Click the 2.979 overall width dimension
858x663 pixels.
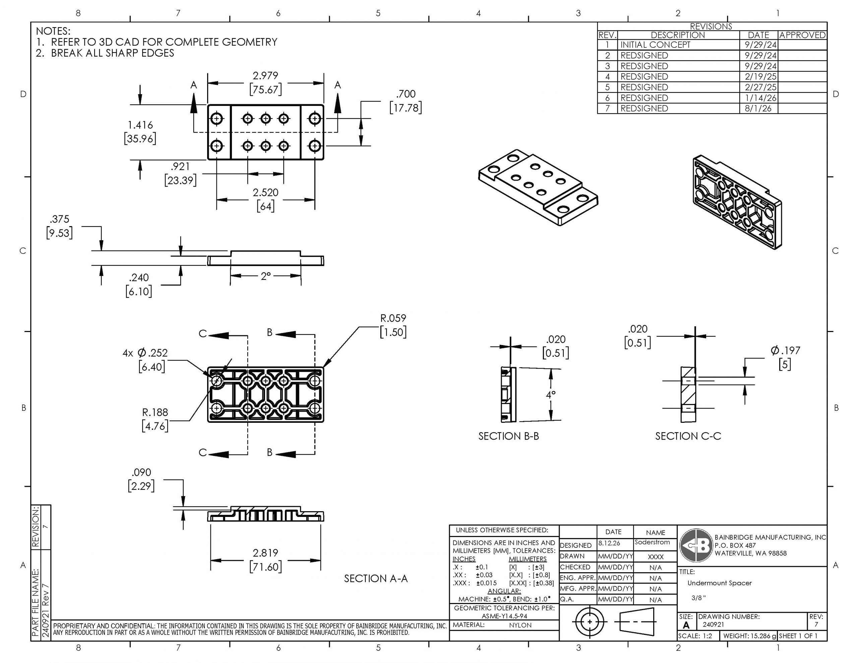[265, 75]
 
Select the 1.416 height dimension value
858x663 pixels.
[140, 125]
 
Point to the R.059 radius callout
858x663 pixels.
[393, 318]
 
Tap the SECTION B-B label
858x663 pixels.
[509, 436]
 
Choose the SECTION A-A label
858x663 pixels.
[376, 579]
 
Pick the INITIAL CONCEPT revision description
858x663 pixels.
[655, 45]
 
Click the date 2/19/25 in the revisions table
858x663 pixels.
[760, 77]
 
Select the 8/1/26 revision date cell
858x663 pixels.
[758, 109]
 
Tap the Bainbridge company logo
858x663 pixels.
[696, 545]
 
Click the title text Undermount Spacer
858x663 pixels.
[719, 583]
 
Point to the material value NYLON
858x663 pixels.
[520, 625]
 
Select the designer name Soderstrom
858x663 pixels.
[652, 542]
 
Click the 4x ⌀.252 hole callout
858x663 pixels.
[145, 353]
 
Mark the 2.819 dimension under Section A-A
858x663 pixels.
[265, 553]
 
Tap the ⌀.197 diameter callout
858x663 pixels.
[785, 350]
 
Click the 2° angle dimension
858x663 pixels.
[265, 276]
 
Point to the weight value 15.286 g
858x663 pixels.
[760, 636]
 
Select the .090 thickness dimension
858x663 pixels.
[141, 472]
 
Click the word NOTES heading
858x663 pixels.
[53, 31]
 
